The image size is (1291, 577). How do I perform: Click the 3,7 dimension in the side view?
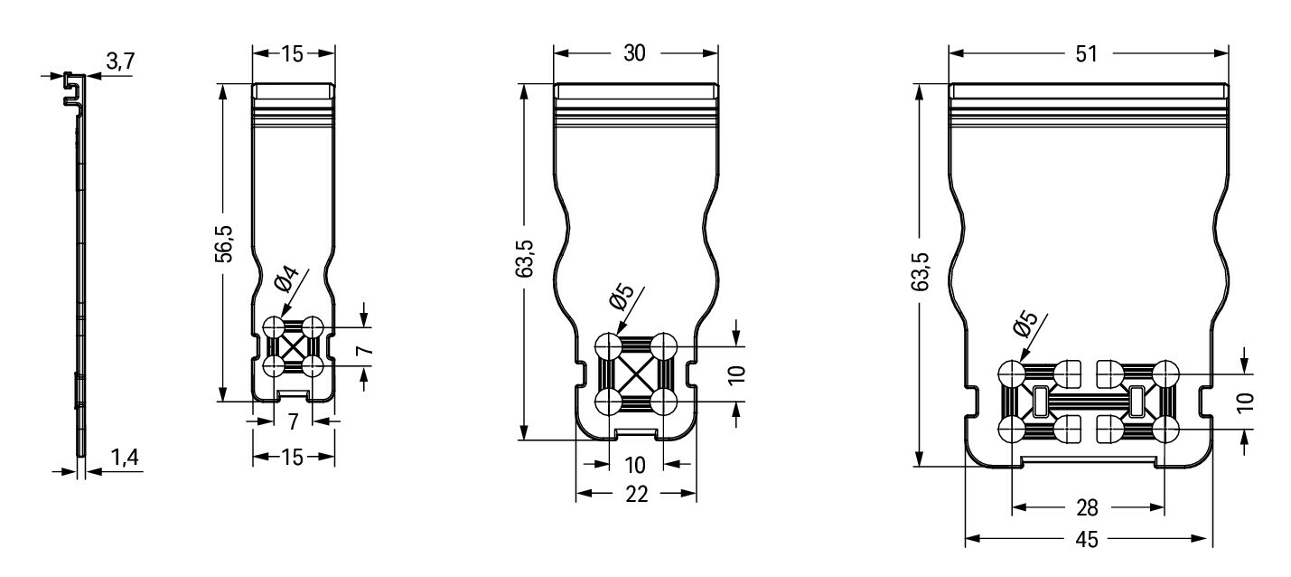pos(120,61)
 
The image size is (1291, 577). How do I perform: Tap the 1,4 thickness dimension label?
pos(125,458)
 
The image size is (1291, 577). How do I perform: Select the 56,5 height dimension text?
pos(224,243)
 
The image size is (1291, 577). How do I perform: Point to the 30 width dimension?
pos(634,53)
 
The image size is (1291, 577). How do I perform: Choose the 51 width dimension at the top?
pos(1086,53)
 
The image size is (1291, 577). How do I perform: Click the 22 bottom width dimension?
pos(636,494)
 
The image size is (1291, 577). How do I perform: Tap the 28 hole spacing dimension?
pos(1087,507)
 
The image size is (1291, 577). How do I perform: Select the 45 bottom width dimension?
pos(1087,540)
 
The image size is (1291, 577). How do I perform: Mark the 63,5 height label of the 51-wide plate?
pos(921,271)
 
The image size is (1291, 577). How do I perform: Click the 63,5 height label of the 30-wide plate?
pos(526,259)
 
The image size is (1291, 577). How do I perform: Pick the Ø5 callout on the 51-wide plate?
pos(1024,325)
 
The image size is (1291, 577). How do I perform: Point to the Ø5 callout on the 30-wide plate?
pos(622,298)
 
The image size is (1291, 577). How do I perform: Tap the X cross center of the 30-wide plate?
pos(635,374)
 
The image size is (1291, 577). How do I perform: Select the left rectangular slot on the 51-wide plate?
pos(1040,402)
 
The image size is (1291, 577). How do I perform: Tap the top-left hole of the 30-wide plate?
pos(608,346)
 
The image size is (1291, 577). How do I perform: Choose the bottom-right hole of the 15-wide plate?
pos(313,366)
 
